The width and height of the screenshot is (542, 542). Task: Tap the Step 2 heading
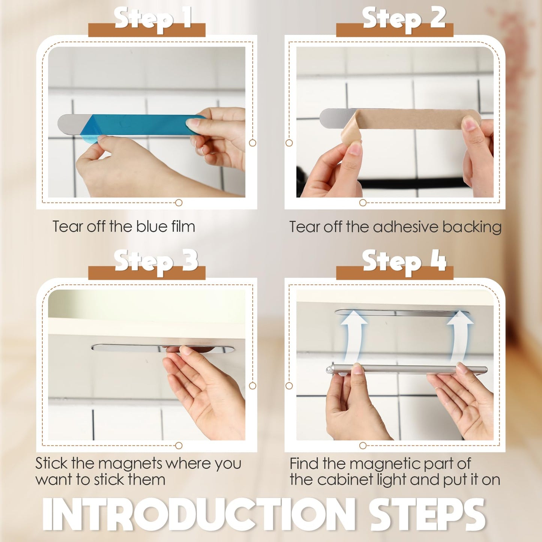[x=404, y=19]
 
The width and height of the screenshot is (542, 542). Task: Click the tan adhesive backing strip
[x=413, y=119]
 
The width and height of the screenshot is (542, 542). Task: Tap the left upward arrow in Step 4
[x=354, y=338]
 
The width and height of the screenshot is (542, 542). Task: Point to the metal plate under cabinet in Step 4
[x=401, y=312]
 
